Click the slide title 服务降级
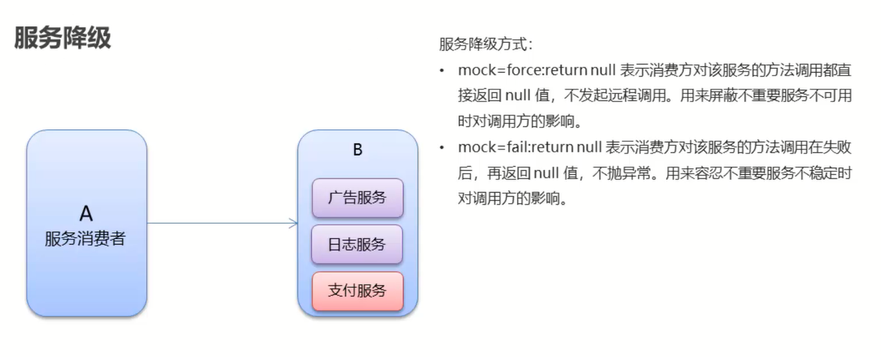point(63,39)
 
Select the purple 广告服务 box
point(357,198)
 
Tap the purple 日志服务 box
point(357,244)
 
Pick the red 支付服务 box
point(357,290)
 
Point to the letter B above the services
point(357,150)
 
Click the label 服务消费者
point(86,240)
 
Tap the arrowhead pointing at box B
point(294,223)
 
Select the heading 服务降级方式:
point(485,45)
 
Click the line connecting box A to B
point(220,223)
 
